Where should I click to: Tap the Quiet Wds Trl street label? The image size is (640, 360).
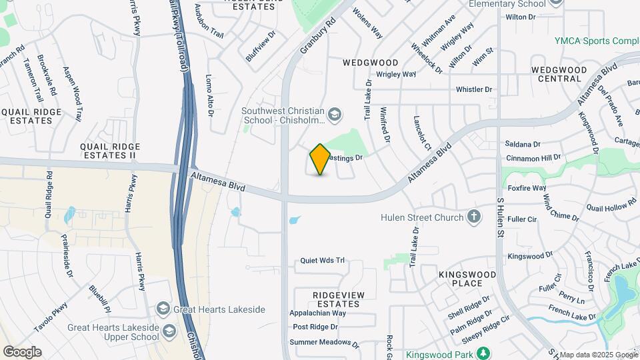pyautogui.click(x=322, y=261)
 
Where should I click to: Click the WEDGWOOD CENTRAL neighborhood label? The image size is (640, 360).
pyautogui.click(x=559, y=74)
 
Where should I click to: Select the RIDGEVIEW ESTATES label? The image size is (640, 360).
pyautogui.click(x=327, y=299)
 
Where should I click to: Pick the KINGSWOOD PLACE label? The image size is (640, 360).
pyautogui.click(x=467, y=279)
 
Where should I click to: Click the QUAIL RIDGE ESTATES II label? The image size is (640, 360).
pyautogui.click(x=109, y=151)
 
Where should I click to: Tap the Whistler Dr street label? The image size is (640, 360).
pyautogui.click(x=473, y=89)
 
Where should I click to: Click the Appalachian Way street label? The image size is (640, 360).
pyautogui.click(x=317, y=313)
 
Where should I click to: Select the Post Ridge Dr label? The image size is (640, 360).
pyautogui.click(x=315, y=327)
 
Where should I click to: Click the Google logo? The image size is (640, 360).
pyautogui.click(x=22, y=351)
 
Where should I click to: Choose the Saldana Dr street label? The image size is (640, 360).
pyautogui.click(x=522, y=144)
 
